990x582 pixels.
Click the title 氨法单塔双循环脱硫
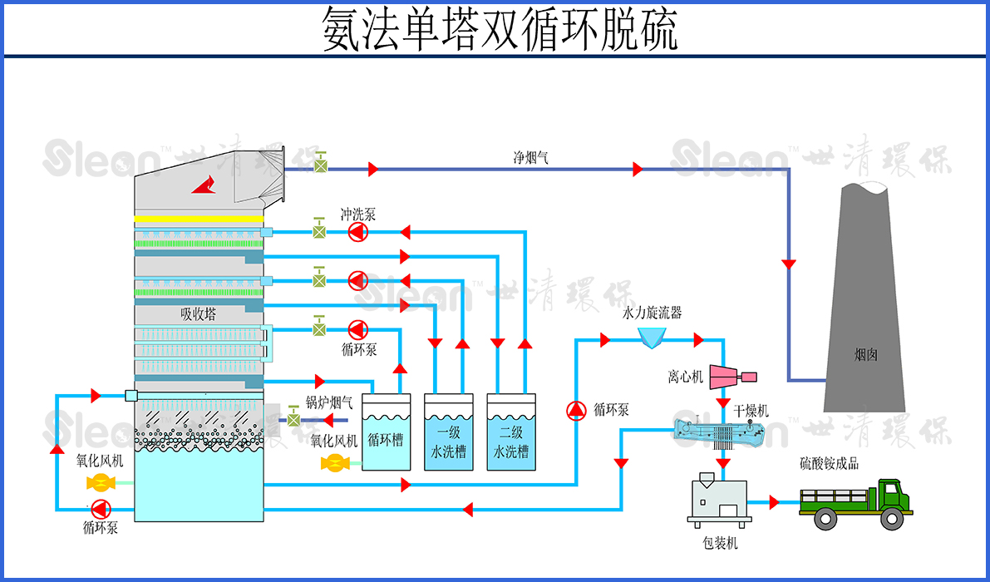coord(500,31)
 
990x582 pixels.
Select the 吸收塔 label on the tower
coord(198,314)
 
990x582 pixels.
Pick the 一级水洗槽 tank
coord(448,433)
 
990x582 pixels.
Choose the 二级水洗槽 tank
coord(510,433)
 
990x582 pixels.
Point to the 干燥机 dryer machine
coord(719,432)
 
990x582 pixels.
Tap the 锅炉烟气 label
coord(328,403)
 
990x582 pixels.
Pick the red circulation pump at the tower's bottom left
coord(101,507)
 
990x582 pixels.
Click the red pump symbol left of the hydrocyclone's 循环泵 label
coord(576,410)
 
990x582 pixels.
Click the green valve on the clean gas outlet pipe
coord(319,166)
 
